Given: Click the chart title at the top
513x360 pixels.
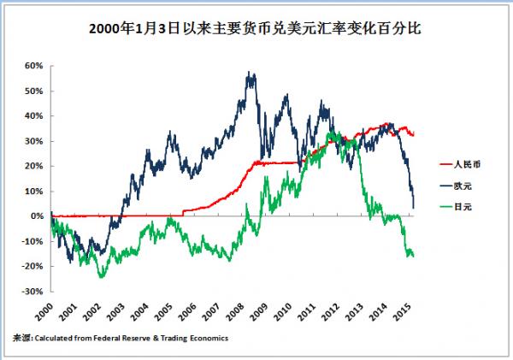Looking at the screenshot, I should coord(256,28).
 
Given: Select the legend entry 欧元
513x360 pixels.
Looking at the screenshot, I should coord(462,185).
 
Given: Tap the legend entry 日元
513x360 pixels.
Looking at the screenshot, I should coord(462,207).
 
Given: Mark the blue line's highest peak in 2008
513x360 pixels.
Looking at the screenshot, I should coord(251,74).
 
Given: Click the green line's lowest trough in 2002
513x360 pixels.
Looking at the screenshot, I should coord(102,277).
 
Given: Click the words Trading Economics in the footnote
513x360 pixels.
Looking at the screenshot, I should coord(197,338).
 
